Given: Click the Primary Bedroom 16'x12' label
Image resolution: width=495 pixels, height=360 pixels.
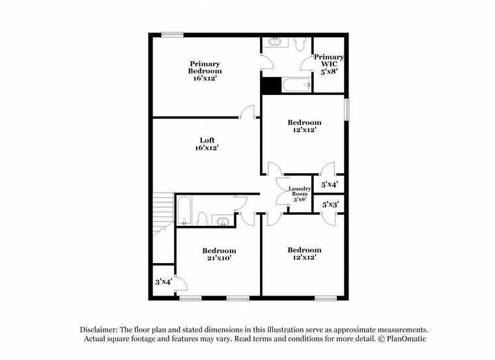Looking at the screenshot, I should click(205, 71).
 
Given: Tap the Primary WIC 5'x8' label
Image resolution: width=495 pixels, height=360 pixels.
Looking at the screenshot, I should click(329, 64).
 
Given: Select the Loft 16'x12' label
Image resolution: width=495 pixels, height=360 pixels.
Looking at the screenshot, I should click(207, 144).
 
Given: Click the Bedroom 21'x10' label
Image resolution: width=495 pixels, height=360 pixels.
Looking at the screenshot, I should click(218, 254).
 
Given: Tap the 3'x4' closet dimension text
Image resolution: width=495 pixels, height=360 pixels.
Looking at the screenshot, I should click(163, 282).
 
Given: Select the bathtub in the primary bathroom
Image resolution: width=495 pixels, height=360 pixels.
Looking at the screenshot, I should click(296, 85).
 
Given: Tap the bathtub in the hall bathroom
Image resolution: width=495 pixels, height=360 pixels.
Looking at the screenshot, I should click(184, 210).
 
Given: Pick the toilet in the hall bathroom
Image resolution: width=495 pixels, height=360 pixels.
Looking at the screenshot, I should click(203, 219).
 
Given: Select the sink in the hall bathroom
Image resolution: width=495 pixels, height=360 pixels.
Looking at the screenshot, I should click(224, 221).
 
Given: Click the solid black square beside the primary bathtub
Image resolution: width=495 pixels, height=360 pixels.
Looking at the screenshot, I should click(270, 85).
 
